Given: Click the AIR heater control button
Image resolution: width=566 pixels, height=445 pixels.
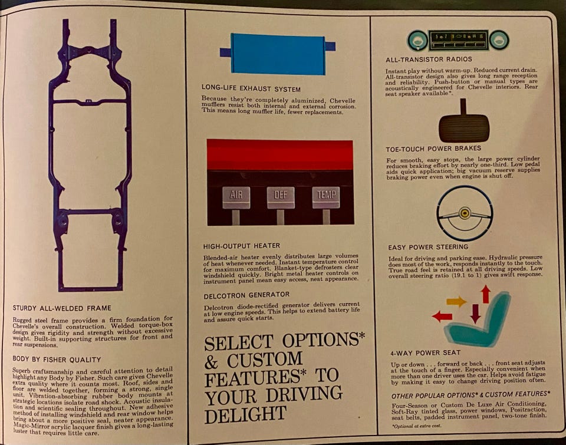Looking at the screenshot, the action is click(x=236, y=197).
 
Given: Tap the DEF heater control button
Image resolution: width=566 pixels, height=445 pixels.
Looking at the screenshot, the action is click(x=281, y=197).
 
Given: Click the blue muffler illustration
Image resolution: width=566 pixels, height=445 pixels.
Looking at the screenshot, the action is click(x=277, y=54).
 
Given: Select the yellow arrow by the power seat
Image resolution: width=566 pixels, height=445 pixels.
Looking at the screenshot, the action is click(x=456, y=301).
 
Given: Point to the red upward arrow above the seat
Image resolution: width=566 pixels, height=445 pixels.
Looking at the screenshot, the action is click(x=486, y=294).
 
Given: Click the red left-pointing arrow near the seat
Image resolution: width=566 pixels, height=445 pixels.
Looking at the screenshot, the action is click(x=442, y=317).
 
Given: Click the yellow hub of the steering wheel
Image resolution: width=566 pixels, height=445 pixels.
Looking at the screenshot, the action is click(x=465, y=213).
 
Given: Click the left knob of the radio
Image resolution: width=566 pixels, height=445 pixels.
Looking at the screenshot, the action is click(x=417, y=40).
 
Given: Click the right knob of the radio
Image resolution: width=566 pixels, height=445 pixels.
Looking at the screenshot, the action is click(x=499, y=40).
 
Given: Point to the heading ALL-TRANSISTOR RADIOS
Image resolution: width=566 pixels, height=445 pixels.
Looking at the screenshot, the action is click(x=429, y=59).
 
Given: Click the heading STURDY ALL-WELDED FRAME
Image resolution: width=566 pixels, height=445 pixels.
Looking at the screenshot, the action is click(x=62, y=308).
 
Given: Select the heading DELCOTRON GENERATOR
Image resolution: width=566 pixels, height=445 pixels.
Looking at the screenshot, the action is click(x=246, y=295).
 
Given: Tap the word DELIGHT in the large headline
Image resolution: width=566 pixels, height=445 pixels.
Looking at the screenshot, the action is click(x=245, y=414).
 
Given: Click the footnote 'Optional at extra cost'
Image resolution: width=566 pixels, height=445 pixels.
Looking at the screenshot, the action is click(x=417, y=426).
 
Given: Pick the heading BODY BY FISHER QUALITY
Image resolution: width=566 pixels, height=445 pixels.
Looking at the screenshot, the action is click(x=57, y=360).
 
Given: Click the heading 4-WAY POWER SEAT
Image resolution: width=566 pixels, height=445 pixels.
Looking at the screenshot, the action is click(x=425, y=353).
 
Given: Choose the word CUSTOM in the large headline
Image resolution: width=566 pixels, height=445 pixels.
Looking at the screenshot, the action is click(x=264, y=360).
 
